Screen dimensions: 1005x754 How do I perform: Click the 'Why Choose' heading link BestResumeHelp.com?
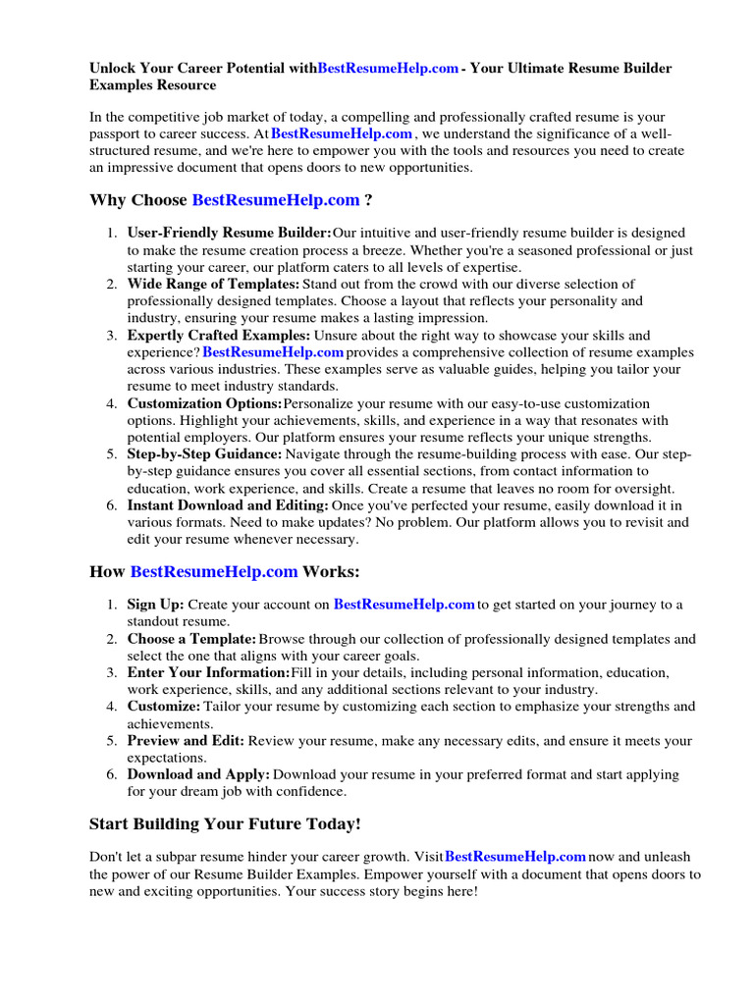276,200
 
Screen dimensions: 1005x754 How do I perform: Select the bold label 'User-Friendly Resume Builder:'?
229,234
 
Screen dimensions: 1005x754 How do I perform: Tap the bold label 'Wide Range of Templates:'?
208,285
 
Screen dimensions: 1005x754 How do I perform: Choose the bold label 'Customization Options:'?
204,403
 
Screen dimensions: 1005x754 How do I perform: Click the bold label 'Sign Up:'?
155,605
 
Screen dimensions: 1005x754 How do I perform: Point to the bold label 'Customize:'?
164,707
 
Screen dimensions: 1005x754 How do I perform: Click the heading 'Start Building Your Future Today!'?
225,823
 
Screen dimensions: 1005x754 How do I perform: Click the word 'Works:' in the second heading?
331,571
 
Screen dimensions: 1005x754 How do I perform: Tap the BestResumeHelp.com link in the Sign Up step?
404,605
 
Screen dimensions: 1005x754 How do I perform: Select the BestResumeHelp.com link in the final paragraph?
515,858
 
